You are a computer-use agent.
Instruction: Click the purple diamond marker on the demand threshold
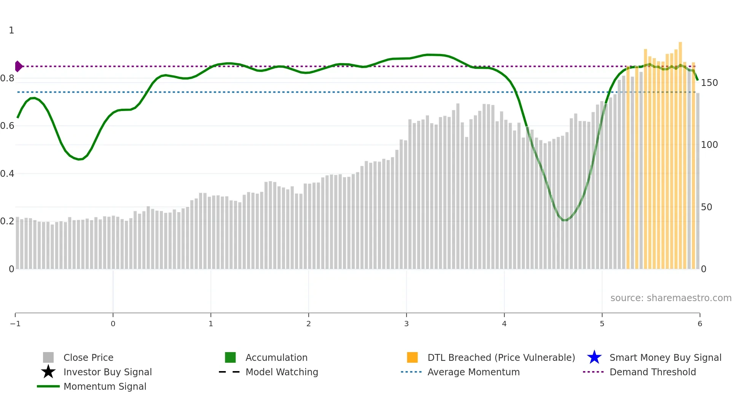18,66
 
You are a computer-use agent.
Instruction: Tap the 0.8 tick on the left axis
7,78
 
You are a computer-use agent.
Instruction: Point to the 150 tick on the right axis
709,83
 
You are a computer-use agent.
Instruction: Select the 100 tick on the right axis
709,145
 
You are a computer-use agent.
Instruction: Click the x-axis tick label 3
406,324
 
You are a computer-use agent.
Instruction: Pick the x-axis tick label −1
15,324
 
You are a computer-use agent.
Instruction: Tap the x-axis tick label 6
700,324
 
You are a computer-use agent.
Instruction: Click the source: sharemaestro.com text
671,298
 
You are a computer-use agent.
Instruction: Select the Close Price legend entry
88,358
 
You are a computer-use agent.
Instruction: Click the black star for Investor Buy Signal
48,372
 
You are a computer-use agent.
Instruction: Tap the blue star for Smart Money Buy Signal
594,357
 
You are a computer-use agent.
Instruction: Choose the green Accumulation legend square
230,357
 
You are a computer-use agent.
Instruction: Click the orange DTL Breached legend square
412,357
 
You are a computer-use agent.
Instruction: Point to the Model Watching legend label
282,372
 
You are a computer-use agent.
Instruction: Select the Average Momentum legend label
473,372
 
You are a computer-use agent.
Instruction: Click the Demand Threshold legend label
652,372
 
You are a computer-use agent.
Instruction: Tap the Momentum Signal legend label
105,387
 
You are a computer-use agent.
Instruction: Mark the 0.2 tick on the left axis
7,221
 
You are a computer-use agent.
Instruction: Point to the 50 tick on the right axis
706,207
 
